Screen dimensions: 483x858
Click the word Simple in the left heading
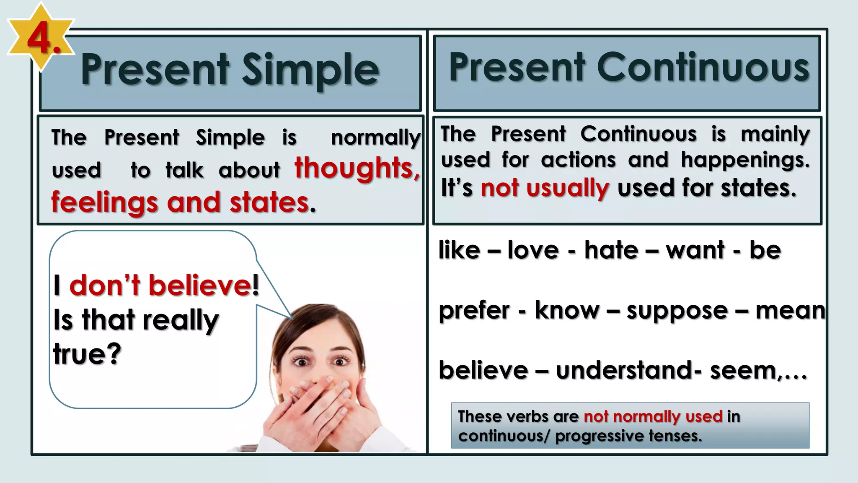tap(310, 70)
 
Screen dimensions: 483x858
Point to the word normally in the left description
tap(375, 138)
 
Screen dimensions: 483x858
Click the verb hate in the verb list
tap(611, 250)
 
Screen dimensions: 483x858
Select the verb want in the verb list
tap(695, 250)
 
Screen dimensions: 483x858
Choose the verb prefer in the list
tap(474, 311)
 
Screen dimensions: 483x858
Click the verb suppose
tap(677, 311)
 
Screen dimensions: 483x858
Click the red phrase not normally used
tap(653, 416)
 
